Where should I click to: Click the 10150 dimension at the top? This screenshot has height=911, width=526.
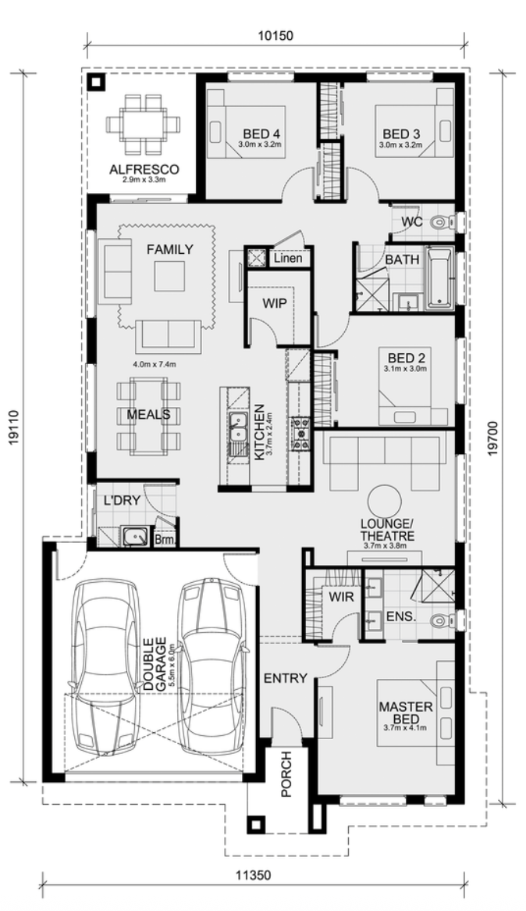(275, 35)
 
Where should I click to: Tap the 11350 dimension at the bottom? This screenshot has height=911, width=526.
(253, 873)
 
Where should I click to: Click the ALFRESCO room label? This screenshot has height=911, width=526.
(144, 170)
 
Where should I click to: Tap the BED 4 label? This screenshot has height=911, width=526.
(261, 134)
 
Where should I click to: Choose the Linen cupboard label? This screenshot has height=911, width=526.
(288, 257)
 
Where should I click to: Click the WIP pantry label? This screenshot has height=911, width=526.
(274, 302)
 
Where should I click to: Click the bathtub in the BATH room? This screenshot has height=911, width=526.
(439, 278)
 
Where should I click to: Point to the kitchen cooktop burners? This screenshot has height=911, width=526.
(300, 434)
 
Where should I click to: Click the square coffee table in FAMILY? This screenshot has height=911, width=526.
(169, 276)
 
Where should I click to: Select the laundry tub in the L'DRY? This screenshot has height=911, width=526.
(135, 536)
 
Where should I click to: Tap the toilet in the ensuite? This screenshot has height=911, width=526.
(443, 621)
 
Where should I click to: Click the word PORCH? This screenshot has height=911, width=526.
(286, 774)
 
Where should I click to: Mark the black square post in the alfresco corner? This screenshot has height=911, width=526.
(94, 83)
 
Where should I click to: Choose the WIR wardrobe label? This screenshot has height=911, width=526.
(341, 597)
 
